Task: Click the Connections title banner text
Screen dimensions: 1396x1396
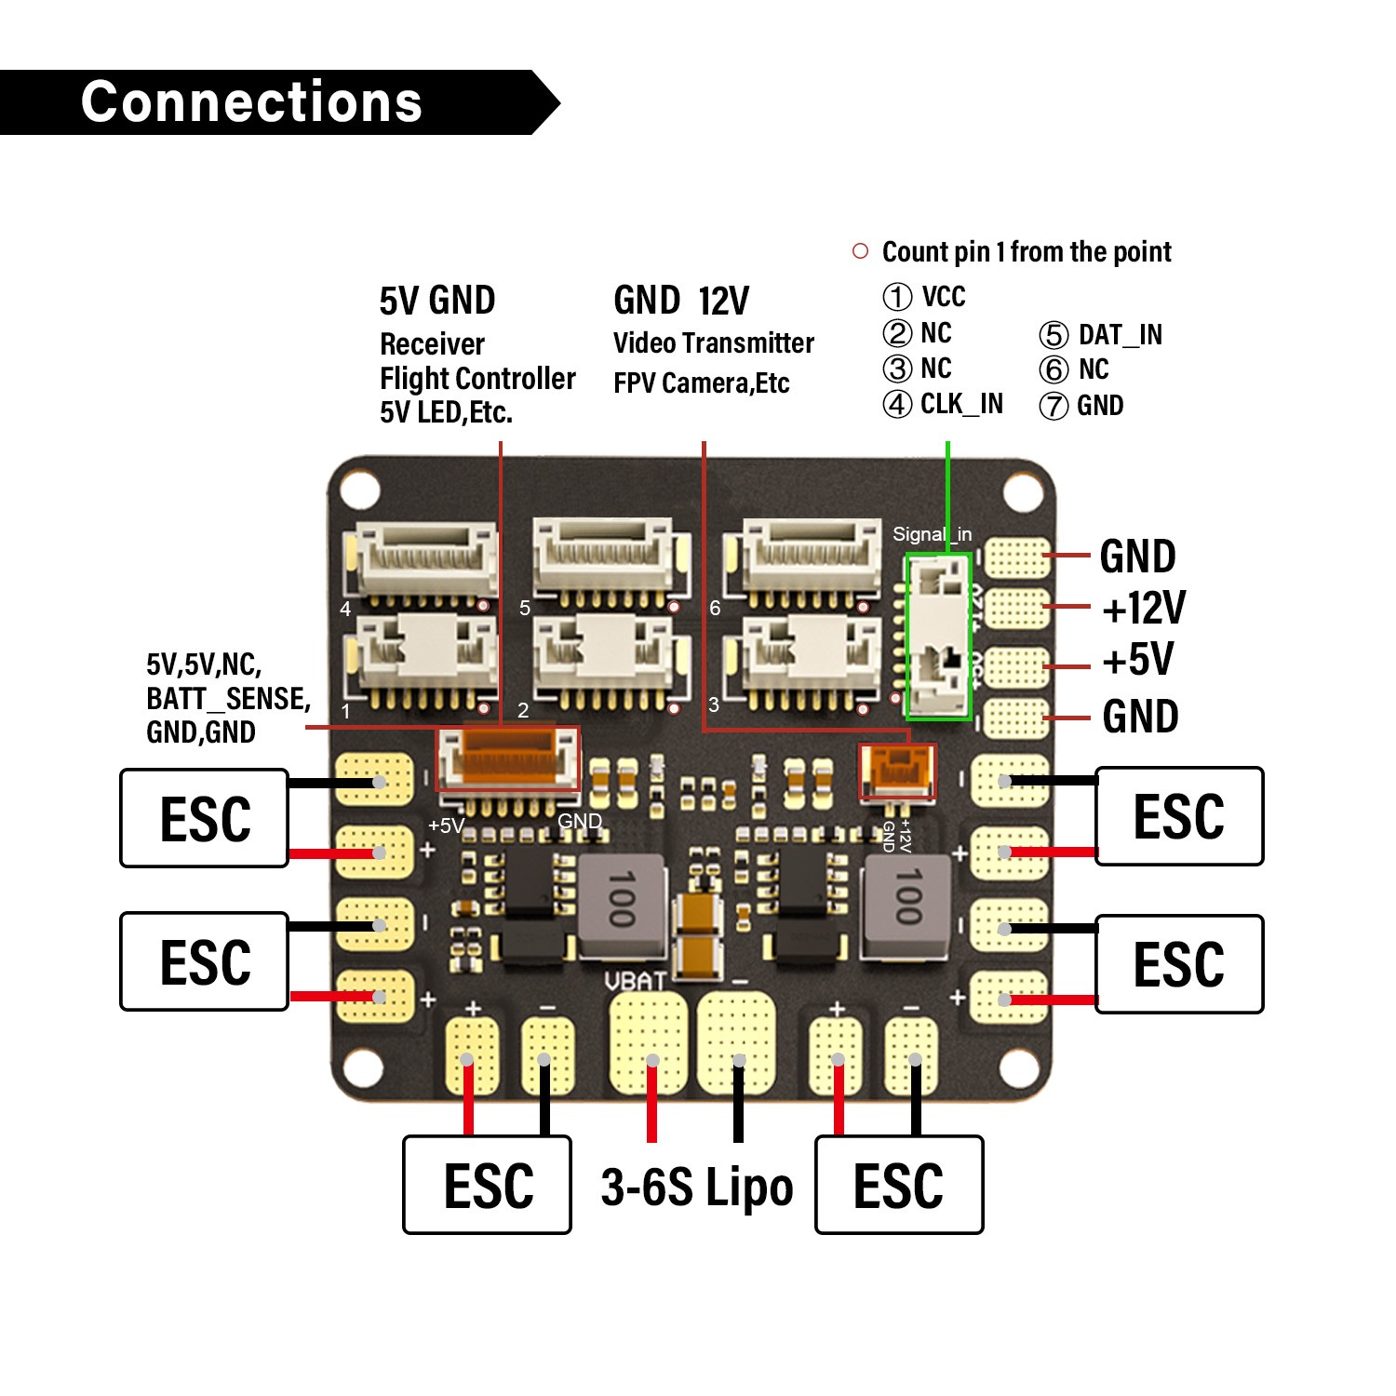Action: pyautogui.click(x=251, y=102)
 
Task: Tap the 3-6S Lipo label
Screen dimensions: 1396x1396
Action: pyautogui.click(x=696, y=1188)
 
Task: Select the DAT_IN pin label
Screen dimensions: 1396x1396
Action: pyautogui.click(x=1120, y=335)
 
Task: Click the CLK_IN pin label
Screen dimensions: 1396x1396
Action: pyautogui.click(x=961, y=404)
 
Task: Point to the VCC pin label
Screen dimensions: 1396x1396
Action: pyautogui.click(x=943, y=297)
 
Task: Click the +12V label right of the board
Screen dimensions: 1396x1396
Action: pyautogui.click(x=1143, y=609)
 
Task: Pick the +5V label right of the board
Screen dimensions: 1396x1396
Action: pyautogui.click(x=1137, y=660)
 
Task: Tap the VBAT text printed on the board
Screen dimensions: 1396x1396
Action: pyautogui.click(x=635, y=981)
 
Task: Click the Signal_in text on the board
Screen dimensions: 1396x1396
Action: pyautogui.click(x=932, y=534)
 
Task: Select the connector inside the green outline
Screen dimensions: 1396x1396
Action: pyautogui.click(x=939, y=637)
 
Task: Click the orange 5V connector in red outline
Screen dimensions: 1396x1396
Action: pyautogui.click(x=508, y=758)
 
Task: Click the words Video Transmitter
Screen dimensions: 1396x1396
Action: pyautogui.click(x=713, y=343)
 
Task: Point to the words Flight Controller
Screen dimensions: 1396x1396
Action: pyautogui.click(x=477, y=379)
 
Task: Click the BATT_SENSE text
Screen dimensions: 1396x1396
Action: pyautogui.click(x=228, y=699)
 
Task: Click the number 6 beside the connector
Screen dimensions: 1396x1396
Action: pyautogui.click(x=715, y=609)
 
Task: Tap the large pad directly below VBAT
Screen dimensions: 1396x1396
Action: pyautogui.click(x=649, y=1042)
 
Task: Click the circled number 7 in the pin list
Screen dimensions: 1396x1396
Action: pyautogui.click(x=1054, y=407)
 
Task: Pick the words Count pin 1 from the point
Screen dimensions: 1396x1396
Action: pyautogui.click(x=1026, y=252)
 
